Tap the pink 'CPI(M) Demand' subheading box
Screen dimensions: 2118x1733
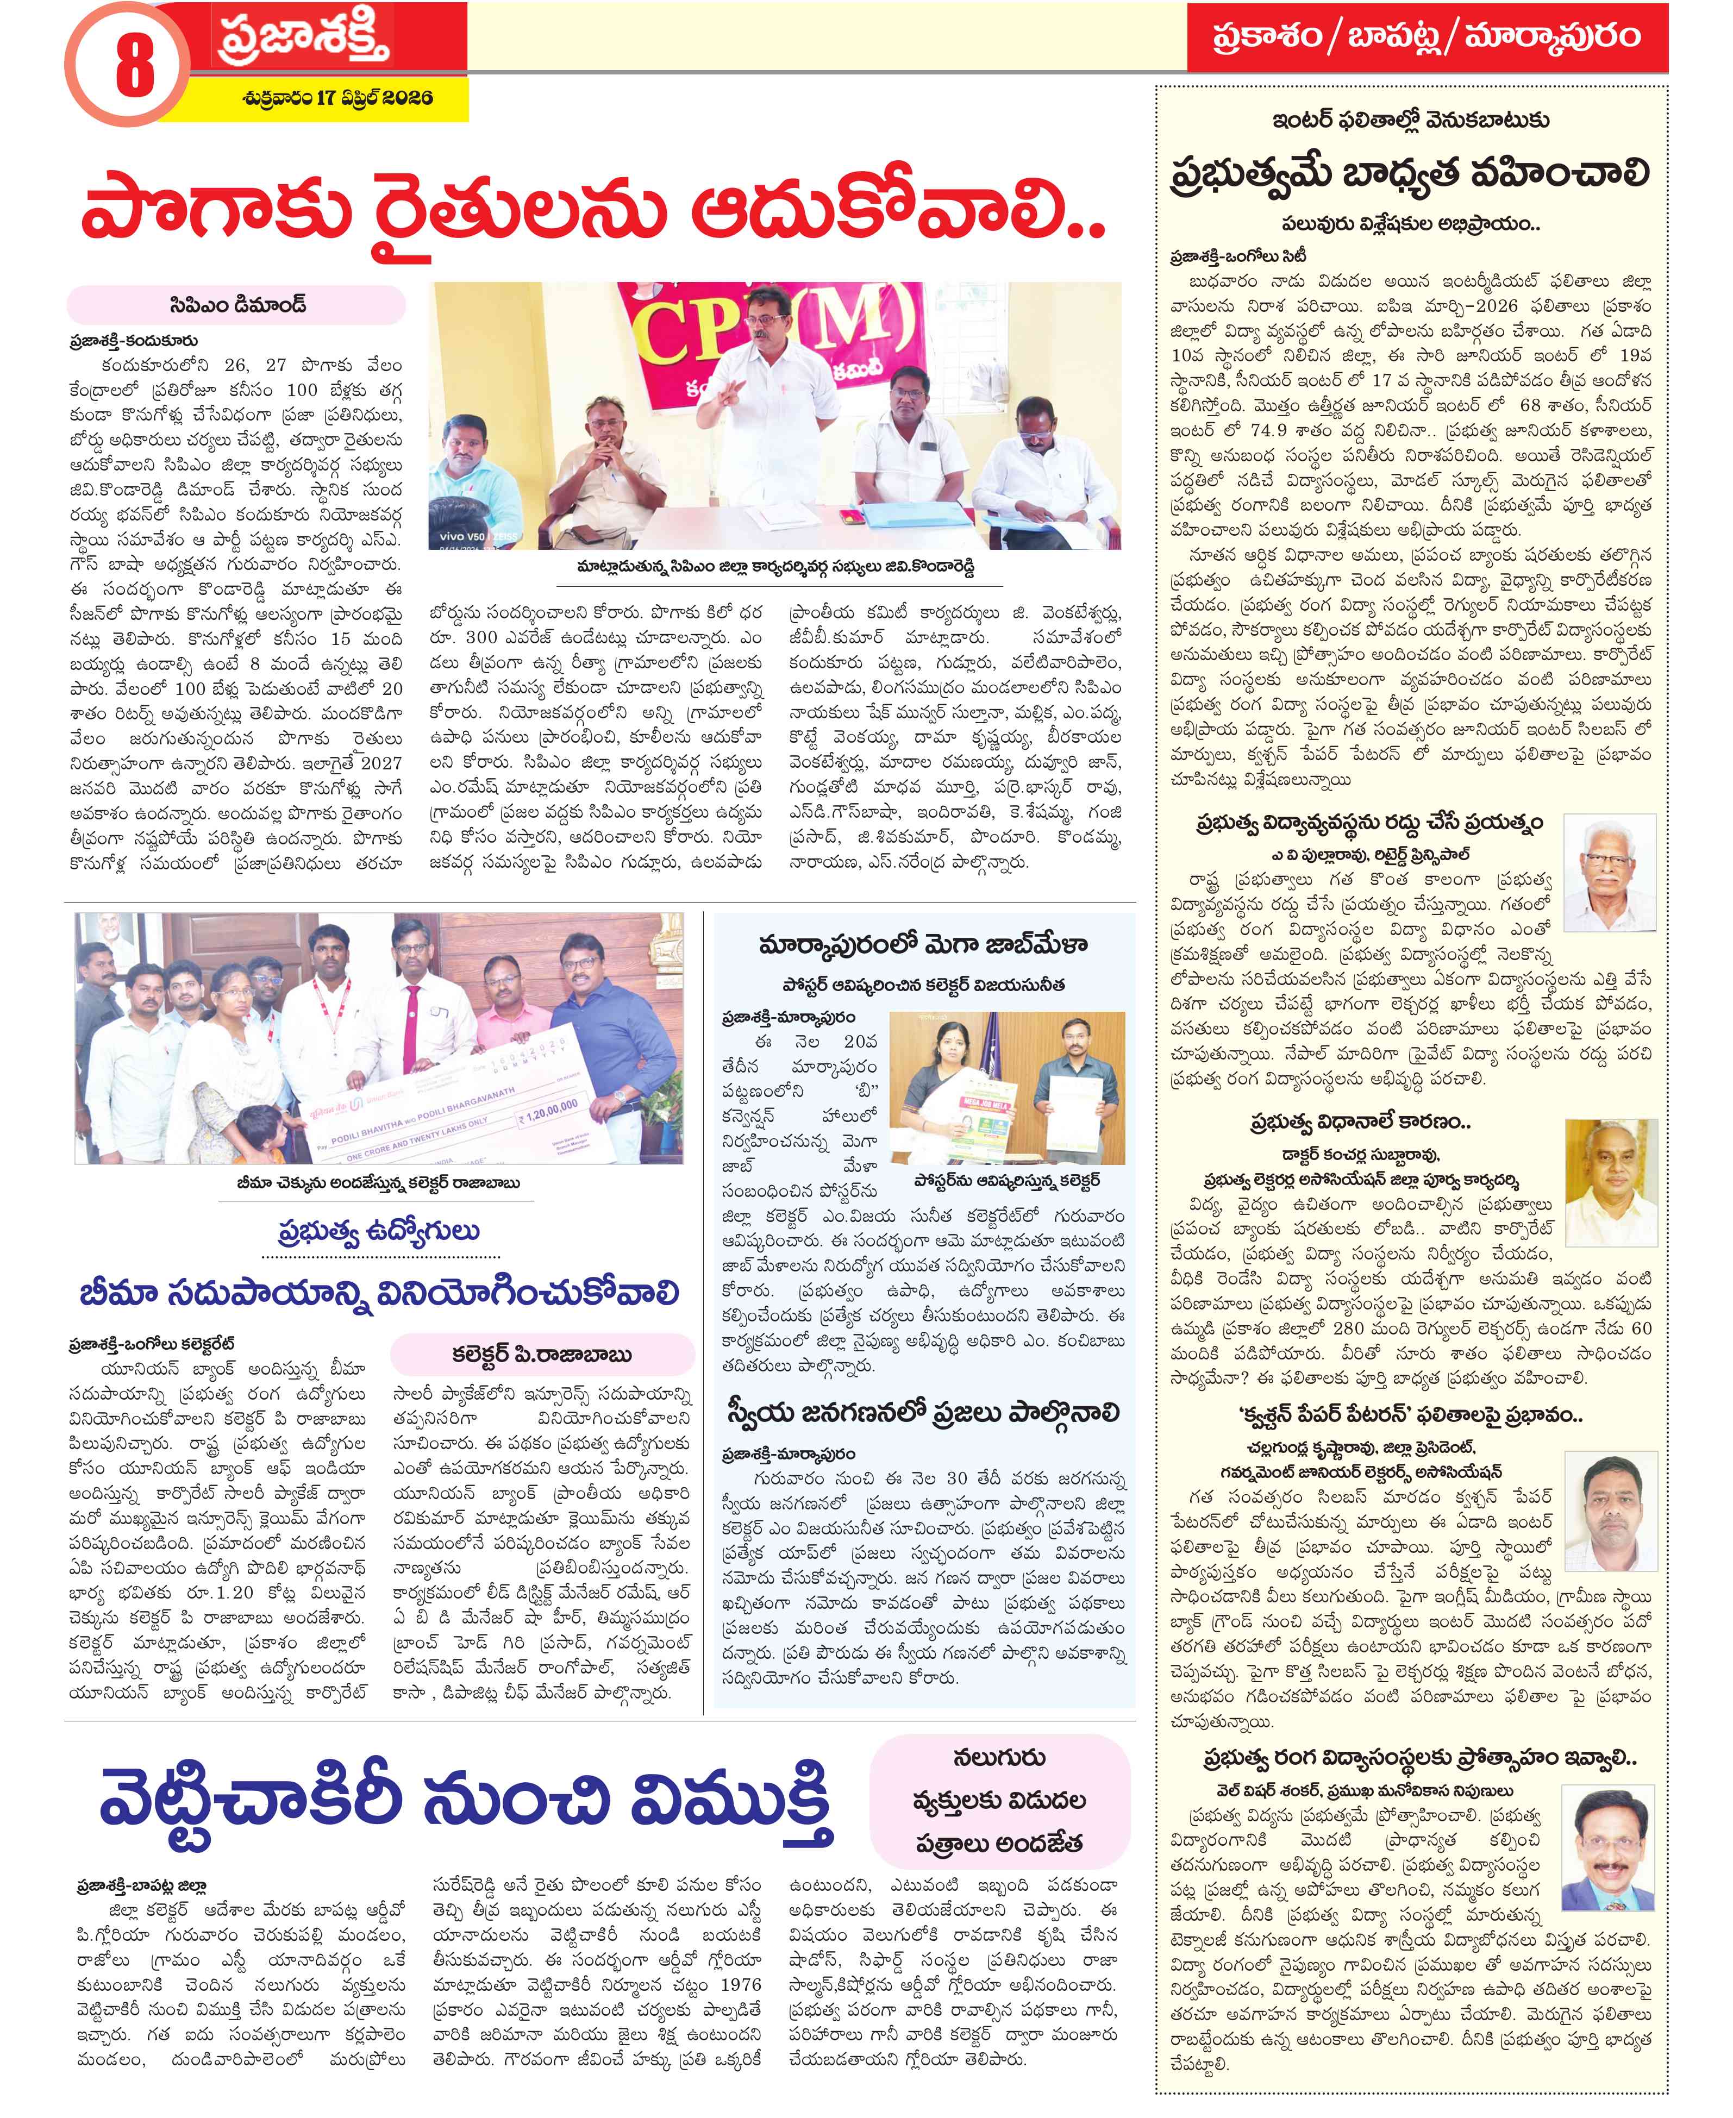coord(236,304)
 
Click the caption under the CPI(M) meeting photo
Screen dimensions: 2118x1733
coord(774,567)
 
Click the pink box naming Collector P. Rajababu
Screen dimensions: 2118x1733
coord(542,1355)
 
